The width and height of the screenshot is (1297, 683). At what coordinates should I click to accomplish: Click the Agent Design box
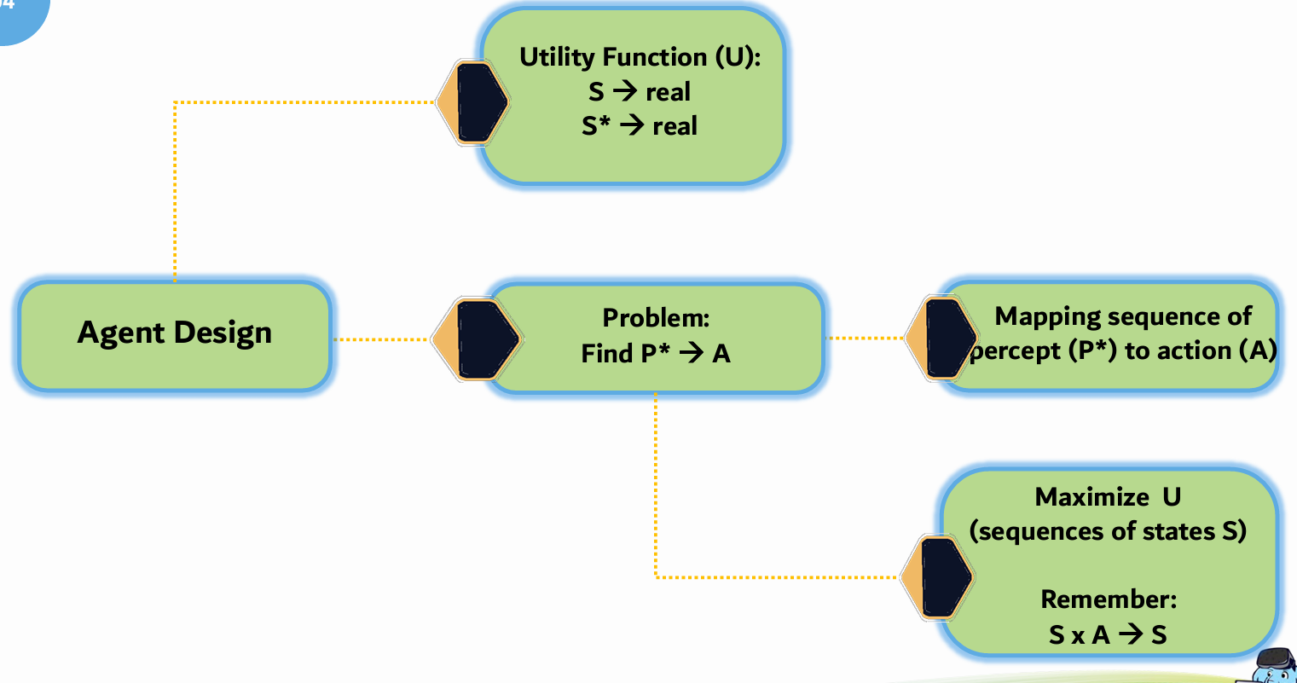click(x=175, y=333)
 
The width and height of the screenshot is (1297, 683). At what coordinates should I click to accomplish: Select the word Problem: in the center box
click(x=656, y=318)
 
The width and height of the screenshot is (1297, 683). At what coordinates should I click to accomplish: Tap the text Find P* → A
click(x=656, y=353)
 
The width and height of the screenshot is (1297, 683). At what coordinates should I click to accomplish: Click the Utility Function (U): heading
click(x=640, y=57)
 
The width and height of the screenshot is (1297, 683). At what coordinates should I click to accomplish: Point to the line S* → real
click(x=640, y=126)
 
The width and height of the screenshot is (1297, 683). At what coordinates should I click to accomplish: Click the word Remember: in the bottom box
click(x=1109, y=599)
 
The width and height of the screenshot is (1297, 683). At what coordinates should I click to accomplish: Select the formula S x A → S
click(x=1108, y=634)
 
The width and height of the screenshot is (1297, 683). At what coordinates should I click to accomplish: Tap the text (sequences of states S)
click(x=1108, y=531)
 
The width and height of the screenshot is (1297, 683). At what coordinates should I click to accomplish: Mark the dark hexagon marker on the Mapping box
click(x=947, y=339)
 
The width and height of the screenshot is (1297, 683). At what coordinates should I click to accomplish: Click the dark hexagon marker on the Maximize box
click(x=942, y=577)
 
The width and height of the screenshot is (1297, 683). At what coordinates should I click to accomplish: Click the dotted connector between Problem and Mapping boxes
click(x=866, y=339)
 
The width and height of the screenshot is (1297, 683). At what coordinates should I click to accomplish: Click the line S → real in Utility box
click(x=640, y=92)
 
